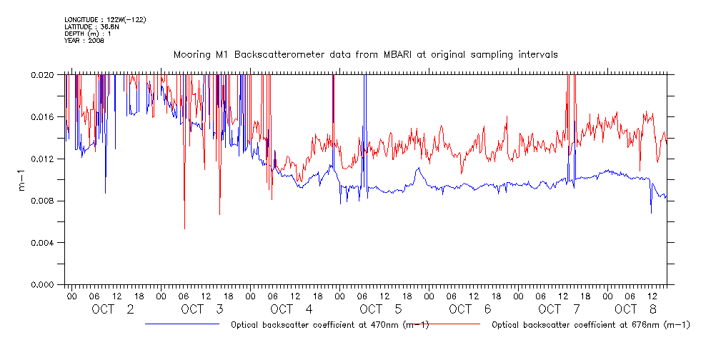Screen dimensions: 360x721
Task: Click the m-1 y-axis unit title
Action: point(21,179)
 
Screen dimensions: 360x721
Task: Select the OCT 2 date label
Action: point(113,309)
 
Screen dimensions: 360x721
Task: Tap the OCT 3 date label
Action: point(202,309)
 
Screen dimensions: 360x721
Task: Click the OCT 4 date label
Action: point(292,309)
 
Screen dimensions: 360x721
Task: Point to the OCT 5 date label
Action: point(381,309)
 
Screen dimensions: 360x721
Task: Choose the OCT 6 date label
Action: point(470,309)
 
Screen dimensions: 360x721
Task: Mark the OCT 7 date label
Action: point(560,309)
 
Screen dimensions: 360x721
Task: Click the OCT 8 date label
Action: point(636,309)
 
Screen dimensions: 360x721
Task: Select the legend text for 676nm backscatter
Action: point(591,325)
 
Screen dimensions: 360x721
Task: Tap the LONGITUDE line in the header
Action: point(105,19)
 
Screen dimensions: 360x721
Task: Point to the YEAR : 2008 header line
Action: point(84,41)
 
